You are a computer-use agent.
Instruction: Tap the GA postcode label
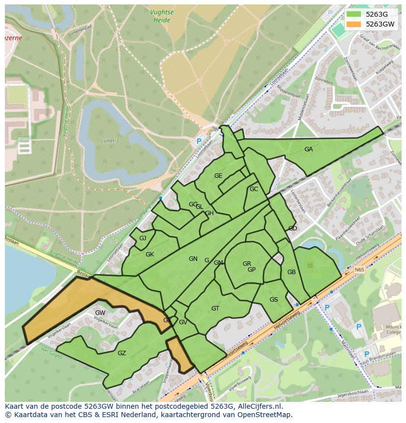click(x=308, y=149)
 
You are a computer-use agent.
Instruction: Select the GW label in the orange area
click(x=100, y=313)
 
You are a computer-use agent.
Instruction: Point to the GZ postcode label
click(x=122, y=353)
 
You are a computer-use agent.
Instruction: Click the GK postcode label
click(x=150, y=254)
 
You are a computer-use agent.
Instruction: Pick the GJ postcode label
click(x=143, y=238)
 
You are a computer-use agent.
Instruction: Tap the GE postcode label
click(x=218, y=176)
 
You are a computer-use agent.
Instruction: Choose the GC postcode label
click(x=254, y=189)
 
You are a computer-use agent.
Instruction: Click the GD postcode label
click(x=293, y=228)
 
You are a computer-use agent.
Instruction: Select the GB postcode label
click(x=291, y=272)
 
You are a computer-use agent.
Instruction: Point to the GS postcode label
click(x=274, y=300)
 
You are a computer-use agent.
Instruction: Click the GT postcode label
click(x=215, y=309)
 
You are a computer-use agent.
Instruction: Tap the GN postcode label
click(x=193, y=259)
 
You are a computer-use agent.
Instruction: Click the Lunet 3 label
click(x=110, y=141)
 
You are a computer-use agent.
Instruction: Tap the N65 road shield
click(x=359, y=270)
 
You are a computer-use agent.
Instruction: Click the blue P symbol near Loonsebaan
click(x=199, y=141)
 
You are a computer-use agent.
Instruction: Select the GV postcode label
click(x=183, y=322)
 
